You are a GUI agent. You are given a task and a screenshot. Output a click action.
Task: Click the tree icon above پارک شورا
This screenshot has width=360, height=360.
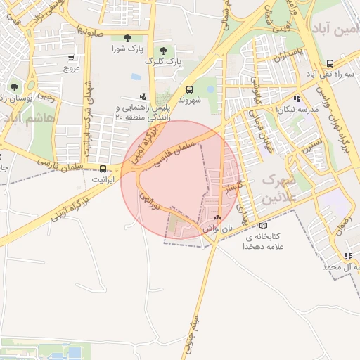coord(127,39)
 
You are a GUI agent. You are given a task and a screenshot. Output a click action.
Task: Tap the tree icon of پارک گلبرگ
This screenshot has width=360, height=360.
coord(164,51)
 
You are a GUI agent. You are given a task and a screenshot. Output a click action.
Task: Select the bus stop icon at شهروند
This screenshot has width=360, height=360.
coord(189,89)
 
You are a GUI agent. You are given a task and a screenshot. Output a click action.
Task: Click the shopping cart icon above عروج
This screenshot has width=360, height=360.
coord(71,58)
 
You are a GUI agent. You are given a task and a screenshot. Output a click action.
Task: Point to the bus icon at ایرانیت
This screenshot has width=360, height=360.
coord(103,169)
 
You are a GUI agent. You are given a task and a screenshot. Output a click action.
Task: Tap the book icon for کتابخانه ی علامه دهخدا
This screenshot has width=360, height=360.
coord(264,226)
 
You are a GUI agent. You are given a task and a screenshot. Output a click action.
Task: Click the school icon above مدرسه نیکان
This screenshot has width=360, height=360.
coord(298,98)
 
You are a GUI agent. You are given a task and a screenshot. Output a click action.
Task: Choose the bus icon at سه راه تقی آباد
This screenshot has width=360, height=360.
coord(330,62)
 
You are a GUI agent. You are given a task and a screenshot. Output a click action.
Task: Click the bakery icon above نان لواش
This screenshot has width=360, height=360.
coord(217,219)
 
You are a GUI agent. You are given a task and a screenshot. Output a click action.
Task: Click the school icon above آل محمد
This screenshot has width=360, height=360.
coord(347,256)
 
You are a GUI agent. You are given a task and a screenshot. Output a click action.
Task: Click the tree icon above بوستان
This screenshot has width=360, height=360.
coord(14,87)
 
